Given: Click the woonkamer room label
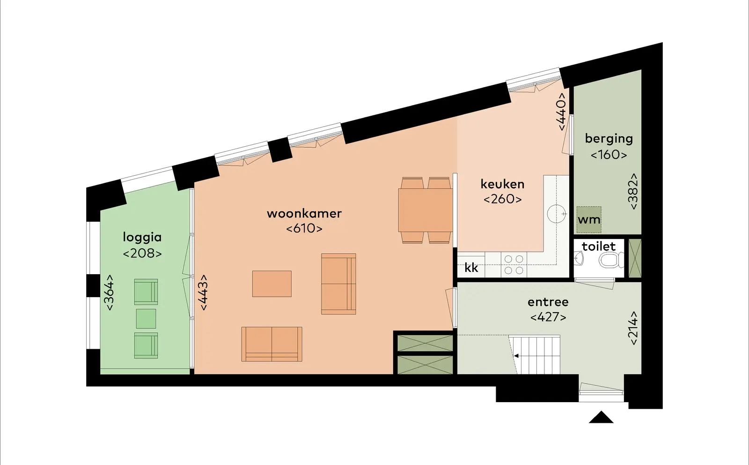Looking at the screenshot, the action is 304,214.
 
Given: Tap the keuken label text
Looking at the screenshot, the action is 503,184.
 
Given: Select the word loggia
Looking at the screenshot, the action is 142,237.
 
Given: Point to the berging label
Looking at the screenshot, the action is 609,139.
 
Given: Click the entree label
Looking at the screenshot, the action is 548,302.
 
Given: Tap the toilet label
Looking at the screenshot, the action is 599,247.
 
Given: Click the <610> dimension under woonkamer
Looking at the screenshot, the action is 304,229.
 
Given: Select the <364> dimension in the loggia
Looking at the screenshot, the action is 110,292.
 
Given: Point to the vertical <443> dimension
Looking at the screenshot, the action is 203,292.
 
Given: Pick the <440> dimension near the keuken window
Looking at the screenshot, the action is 562,112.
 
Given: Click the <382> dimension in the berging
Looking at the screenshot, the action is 633,192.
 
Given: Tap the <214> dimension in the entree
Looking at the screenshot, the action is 633,328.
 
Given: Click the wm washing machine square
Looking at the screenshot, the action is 589,220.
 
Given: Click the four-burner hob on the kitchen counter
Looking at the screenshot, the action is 514,264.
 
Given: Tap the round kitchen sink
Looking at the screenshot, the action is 557,214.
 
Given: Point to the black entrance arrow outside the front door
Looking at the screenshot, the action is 601,417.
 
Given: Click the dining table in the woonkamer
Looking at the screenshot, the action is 426,210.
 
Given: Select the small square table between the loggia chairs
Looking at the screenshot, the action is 146,319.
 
